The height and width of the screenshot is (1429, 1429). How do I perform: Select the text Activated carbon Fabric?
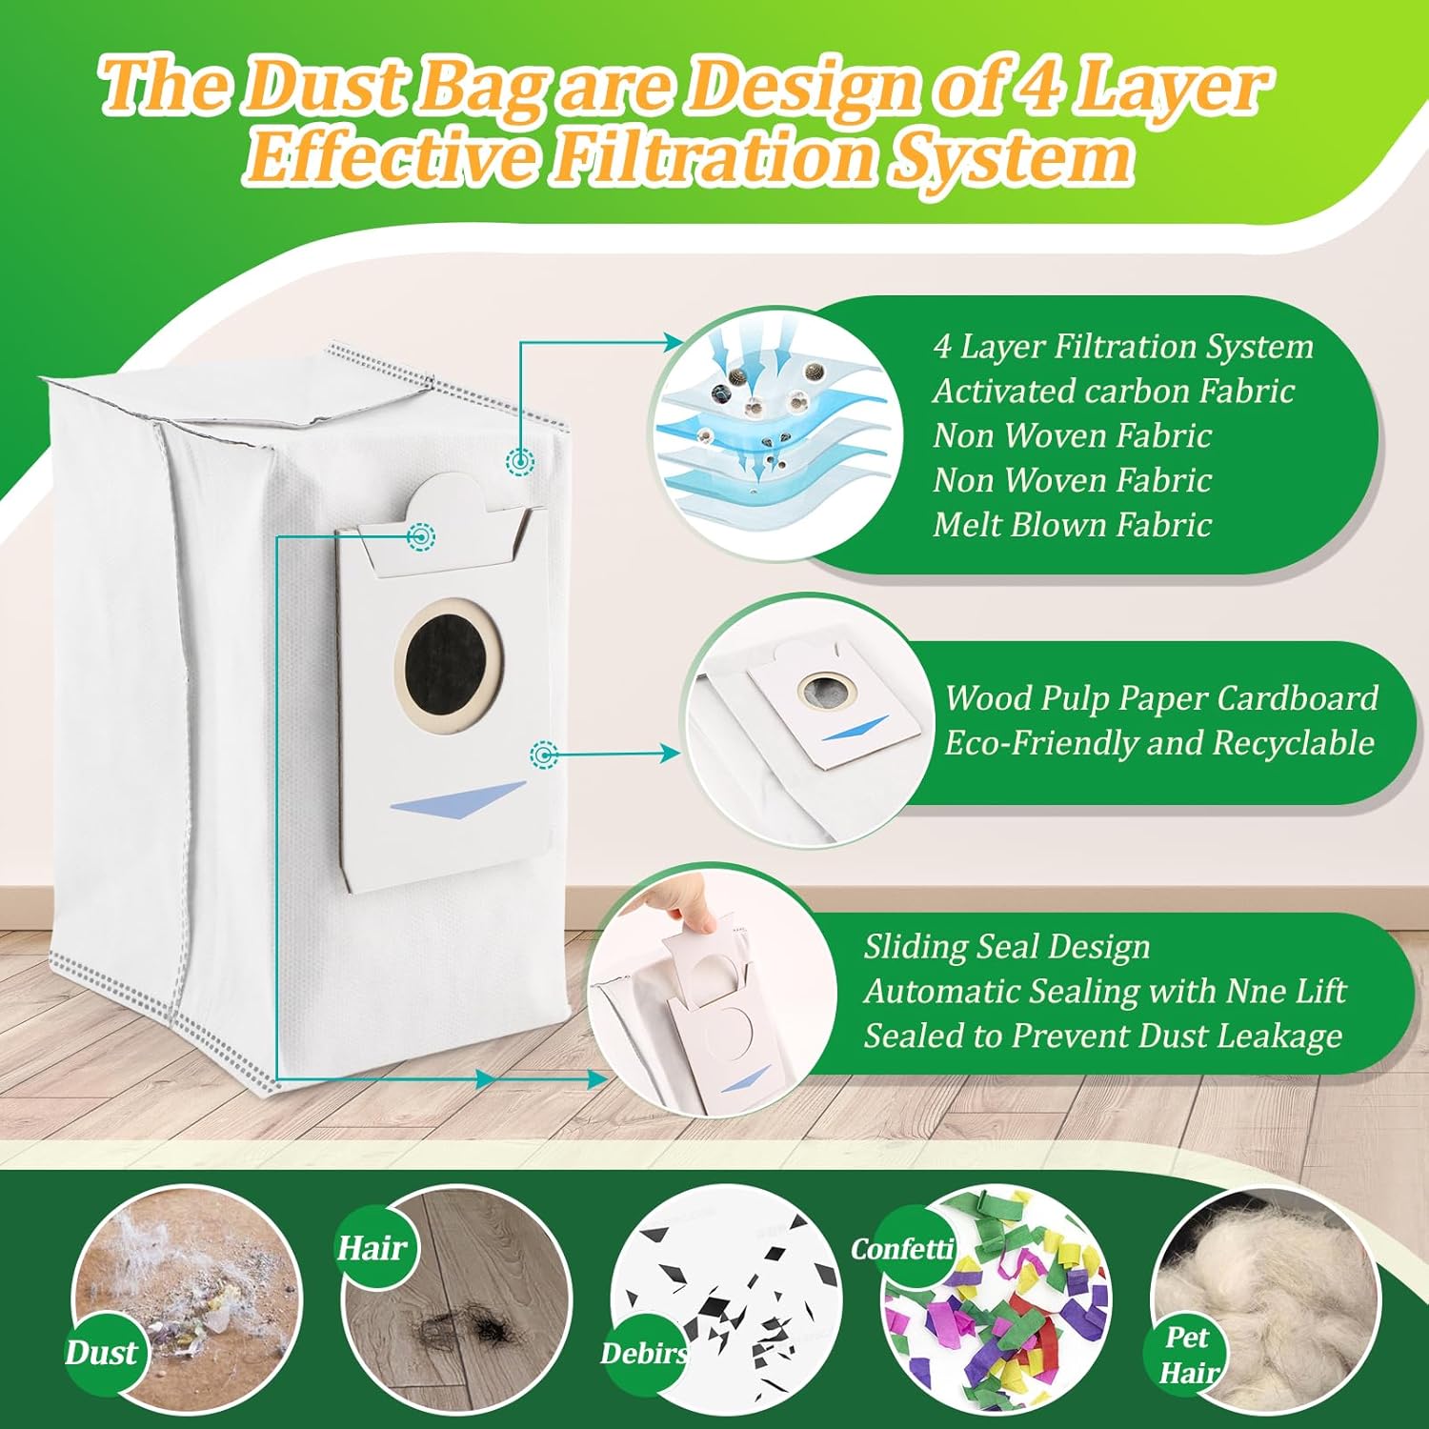tap(1114, 391)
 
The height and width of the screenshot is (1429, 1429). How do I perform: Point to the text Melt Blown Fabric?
tap(1072, 525)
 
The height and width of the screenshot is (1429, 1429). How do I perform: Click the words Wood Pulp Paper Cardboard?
tap(1161, 698)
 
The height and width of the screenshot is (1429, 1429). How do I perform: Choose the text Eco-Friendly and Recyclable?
tap(1159, 743)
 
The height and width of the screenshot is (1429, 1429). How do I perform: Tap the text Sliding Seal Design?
tap(1007, 947)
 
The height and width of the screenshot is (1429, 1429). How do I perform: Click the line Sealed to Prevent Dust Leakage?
tap(1103, 1037)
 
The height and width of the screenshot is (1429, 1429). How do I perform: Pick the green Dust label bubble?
tap(102, 1353)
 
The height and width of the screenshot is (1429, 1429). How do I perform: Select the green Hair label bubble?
tap(372, 1247)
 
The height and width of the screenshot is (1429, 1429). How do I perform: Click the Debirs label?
tap(644, 1354)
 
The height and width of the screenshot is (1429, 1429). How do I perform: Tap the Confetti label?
tap(902, 1248)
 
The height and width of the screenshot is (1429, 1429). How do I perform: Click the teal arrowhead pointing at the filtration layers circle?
tap(675, 342)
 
